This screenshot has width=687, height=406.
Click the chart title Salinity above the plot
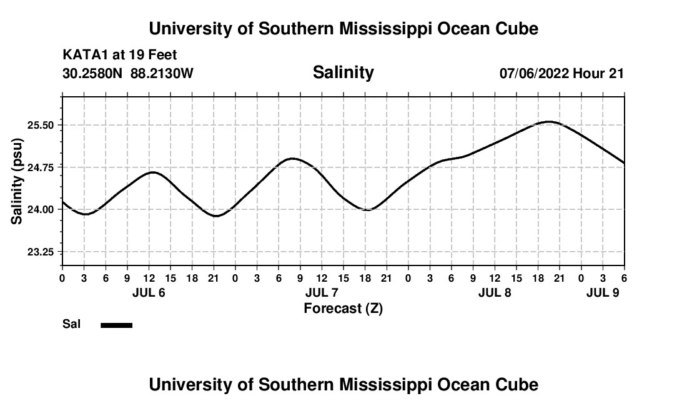pyautogui.click(x=343, y=72)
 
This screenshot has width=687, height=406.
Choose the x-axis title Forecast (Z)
pyautogui.click(x=343, y=309)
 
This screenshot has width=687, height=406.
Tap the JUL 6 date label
pyautogui.click(x=149, y=293)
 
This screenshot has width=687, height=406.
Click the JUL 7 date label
pyautogui.click(x=322, y=293)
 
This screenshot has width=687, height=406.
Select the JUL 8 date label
pyautogui.click(x=495, y=293)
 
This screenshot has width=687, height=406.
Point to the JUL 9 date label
pyautogui.click(x=603, y=293)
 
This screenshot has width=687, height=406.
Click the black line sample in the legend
pyautogui.click(x=117, y=325)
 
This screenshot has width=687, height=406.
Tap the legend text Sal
pyautogui.click(x=71, y=324)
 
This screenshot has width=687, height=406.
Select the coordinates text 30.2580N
pyautogui.click(x=94, y=73)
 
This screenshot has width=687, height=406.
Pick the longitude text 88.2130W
pyautogui.click(x=162, y=73)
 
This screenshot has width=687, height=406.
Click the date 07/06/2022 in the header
pyautogui.click(x=534, y=73)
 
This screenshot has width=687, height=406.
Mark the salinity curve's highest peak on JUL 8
pyautogui.click(x=549, y=121)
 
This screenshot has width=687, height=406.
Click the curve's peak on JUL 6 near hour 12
pyautogui.click(x=152, y=172)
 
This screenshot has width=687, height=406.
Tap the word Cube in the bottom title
pyautogui.click(x=517, y=384)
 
